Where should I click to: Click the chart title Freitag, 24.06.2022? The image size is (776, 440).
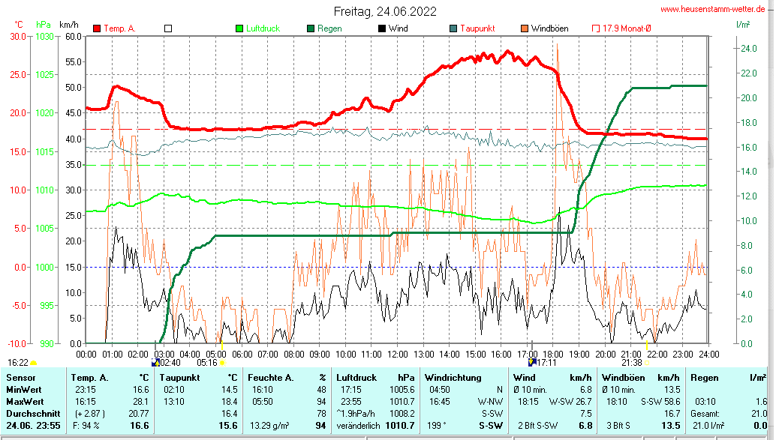(385, 12)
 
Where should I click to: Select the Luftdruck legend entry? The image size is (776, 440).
(262, 28)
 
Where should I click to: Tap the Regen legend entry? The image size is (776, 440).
(329, 28)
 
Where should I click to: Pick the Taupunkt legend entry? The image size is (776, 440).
(477, 28)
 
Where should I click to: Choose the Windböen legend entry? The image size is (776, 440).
(549, 28)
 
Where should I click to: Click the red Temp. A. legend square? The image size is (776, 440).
(98, 28)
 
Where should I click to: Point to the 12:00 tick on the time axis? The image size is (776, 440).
(397, 354)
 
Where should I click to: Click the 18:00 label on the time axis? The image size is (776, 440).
(553, 354)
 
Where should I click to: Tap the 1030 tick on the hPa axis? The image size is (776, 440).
(45, 36)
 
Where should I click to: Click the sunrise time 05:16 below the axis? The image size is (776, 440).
(207, 363)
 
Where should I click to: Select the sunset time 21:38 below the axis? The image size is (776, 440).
(631, 363)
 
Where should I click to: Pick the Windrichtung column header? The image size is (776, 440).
(453, 378)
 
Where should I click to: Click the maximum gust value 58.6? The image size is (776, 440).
(670, 402)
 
